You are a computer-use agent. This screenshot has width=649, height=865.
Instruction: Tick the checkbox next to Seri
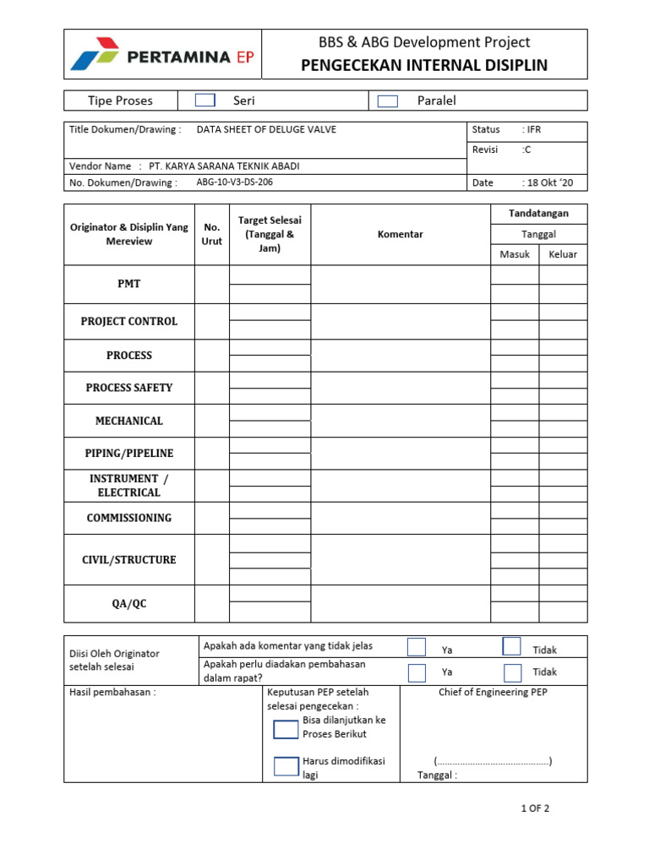point(205,101)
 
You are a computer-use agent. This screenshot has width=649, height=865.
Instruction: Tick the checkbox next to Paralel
point(388,101)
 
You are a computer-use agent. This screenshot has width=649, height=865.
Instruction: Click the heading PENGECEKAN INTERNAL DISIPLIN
point(424,66)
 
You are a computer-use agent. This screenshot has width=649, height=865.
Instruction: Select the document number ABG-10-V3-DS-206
point(234,182)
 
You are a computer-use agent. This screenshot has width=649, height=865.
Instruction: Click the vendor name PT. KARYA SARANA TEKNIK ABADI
point(224,166)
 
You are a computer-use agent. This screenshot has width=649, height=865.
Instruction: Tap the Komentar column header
point(400,234)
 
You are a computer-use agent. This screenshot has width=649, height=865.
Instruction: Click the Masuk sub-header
point(514,254)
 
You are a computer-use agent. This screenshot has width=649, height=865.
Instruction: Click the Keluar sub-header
point(563,254)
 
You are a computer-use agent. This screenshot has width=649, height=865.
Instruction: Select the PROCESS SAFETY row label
point(129,388)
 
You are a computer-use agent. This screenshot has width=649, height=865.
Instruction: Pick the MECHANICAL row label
point(129,421)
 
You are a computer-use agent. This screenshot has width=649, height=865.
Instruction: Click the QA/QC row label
point(129,604)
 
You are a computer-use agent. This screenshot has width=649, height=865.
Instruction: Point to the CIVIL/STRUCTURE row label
point(129,560)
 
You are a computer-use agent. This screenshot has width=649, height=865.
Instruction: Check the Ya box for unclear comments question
point(417,647)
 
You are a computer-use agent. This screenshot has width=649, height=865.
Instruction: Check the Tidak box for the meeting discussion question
point(512,673)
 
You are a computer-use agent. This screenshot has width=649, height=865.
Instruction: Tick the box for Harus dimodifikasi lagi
point(286,766)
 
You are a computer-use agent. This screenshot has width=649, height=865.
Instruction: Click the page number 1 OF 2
point(535,808)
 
